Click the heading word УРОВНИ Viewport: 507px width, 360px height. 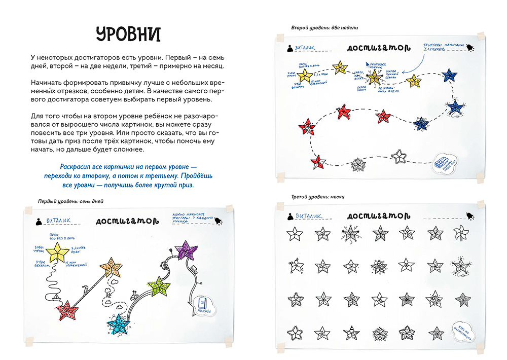click(128, 34)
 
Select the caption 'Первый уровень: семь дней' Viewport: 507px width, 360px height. click(71, 201)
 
